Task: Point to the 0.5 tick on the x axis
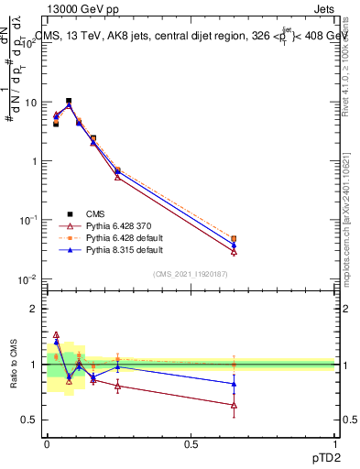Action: [191, 444]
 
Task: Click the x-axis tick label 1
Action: [335, 444]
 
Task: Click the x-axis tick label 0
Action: [47, 444]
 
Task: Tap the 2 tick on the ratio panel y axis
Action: [37, 309]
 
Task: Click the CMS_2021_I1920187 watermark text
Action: [191, 273]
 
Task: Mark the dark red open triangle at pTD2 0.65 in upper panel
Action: [234, 251]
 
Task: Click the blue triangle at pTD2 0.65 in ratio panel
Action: [234, 384]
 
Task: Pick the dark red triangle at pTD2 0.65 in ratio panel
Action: [234, 405]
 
